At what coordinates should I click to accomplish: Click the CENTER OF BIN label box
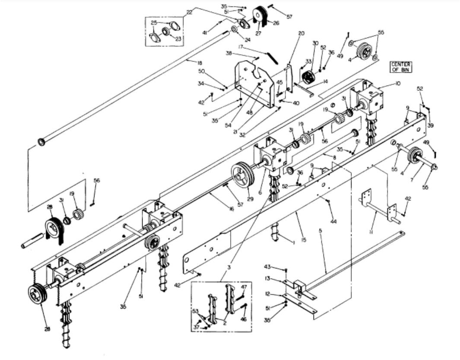(400, 67)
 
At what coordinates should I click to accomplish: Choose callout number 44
(333, 222)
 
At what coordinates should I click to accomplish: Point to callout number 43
(279, 267)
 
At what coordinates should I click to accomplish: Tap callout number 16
(232, 209)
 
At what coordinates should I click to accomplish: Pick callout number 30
(315, 43)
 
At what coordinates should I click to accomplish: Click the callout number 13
(279, 278)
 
